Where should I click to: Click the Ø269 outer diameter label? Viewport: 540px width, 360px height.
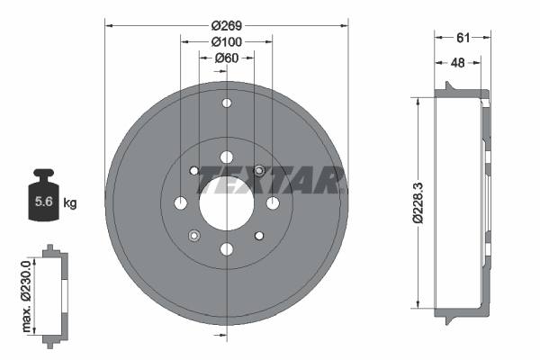226,25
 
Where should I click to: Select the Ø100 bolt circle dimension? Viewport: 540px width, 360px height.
226,42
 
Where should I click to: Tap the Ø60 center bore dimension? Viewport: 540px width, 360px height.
226,58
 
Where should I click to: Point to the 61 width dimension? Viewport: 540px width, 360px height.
463,37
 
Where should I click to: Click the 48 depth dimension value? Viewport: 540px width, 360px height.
458,62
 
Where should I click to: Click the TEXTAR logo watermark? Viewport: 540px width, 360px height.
270,179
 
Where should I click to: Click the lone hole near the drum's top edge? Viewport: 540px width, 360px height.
226,105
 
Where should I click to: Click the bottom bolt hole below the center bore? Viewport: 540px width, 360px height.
226,248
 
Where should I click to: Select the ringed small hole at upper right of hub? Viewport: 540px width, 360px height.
259,169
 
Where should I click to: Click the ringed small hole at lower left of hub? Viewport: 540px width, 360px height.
193,236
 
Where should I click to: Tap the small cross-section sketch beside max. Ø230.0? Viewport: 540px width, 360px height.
53,292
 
